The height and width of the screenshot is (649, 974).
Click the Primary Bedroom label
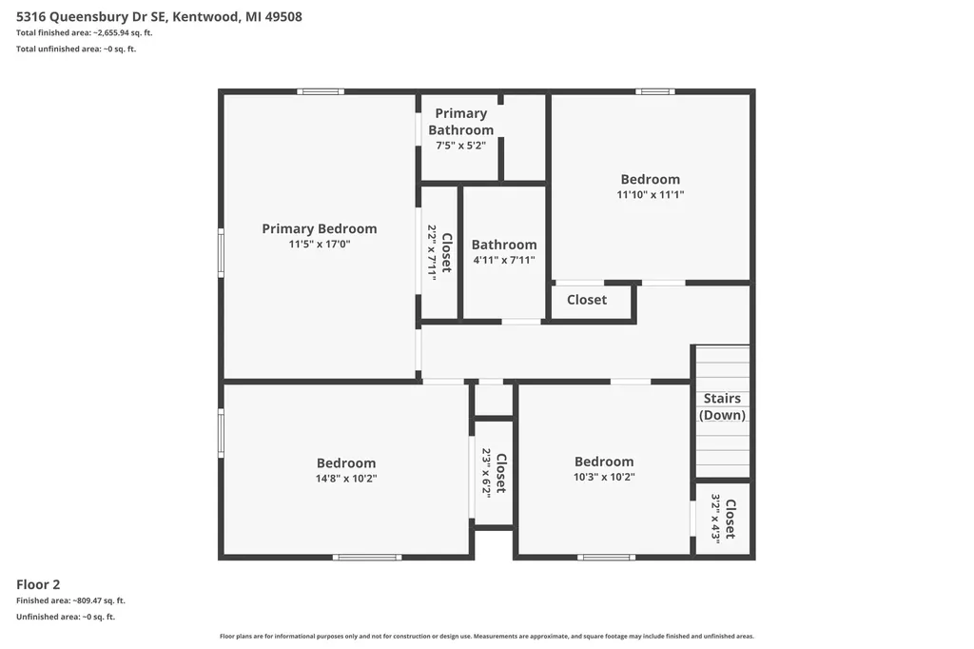coord(320,228)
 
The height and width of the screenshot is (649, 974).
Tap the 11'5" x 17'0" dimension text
coord(320,245)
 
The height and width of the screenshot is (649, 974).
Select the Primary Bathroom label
coord(461,122)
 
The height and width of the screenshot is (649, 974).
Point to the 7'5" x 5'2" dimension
coord(461,146)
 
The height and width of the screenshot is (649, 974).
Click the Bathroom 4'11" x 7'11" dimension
coord(504,260)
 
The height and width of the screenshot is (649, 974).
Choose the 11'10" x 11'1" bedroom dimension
coord(651,194)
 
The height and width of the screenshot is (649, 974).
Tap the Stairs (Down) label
coord(722,406)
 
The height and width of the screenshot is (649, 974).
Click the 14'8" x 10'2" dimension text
coord(346,479)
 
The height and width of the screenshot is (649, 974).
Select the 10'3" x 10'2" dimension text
coord(604,477)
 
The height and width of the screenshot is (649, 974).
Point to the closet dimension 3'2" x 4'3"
coord(715,519)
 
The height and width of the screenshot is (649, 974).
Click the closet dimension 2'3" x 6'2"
coord(486,472)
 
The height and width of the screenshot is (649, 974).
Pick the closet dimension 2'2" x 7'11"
coord(432,252)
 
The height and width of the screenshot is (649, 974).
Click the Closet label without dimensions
coord(586,300)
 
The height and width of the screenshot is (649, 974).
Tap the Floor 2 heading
coord(38,584)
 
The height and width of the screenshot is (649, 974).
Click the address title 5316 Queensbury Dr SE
coord(91,17)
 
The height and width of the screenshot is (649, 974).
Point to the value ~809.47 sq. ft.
coord(99,600)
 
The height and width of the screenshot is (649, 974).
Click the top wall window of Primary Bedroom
coord(320,92)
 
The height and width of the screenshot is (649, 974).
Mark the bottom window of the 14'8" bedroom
coord(367,557)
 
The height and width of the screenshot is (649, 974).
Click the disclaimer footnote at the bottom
coord(487,636)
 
